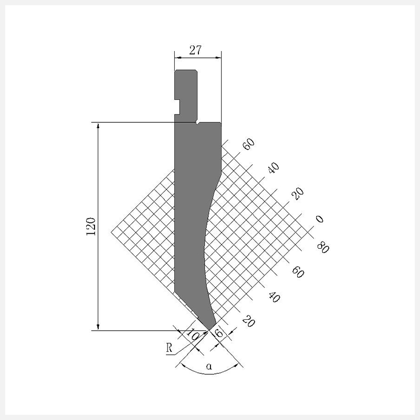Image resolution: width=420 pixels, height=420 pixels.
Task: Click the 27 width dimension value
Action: coord(195,50)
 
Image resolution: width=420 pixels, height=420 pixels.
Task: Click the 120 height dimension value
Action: coord(91,227)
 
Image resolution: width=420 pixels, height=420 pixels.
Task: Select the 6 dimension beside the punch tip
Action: coord(219,333)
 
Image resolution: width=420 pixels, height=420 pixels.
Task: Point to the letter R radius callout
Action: coord(169,348)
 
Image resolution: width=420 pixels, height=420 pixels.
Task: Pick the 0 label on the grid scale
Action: coord(320,219)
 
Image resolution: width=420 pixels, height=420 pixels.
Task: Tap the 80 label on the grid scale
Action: coord(323,247)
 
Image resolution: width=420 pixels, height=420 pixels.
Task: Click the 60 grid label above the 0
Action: coord(248,144)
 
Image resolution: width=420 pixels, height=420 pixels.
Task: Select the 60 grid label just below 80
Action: coord(298,272)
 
